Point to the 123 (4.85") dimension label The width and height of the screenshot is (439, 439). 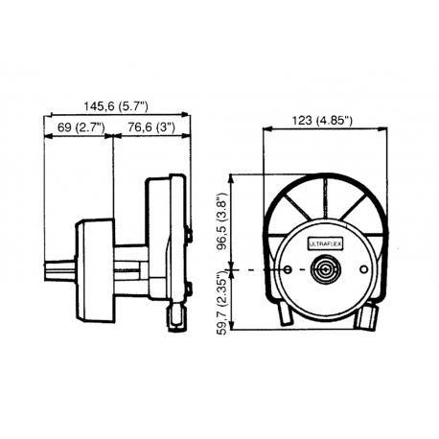coord(323,121)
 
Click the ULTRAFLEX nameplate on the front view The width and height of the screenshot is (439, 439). coord(322,245)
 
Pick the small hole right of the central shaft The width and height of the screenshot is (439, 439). coord(366,271)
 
